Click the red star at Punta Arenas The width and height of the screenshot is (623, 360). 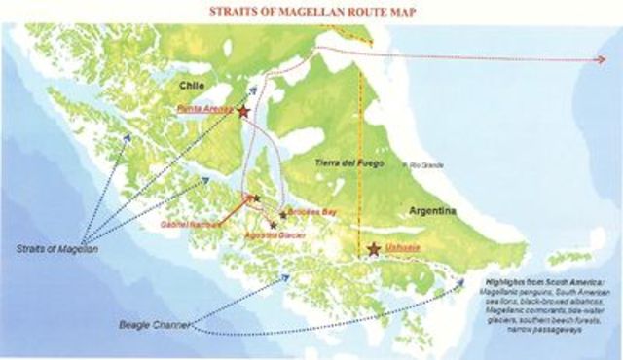point(242,112)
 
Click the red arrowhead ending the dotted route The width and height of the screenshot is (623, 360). point(601,60)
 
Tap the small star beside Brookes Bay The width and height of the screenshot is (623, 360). point(283,214)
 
